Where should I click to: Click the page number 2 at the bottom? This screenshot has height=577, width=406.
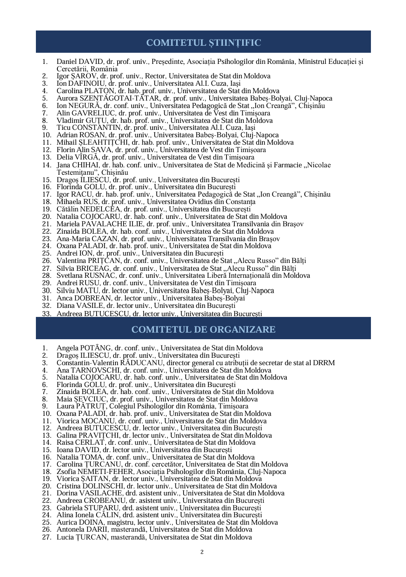click(x=202, y=552)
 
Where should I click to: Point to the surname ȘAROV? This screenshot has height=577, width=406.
click(x=84, y=76)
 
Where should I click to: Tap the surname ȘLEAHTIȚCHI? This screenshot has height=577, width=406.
click(x=104, y=143)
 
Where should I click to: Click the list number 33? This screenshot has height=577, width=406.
click(x=47, y=314)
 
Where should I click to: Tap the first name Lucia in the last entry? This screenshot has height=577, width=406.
click(x=65, y=537)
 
